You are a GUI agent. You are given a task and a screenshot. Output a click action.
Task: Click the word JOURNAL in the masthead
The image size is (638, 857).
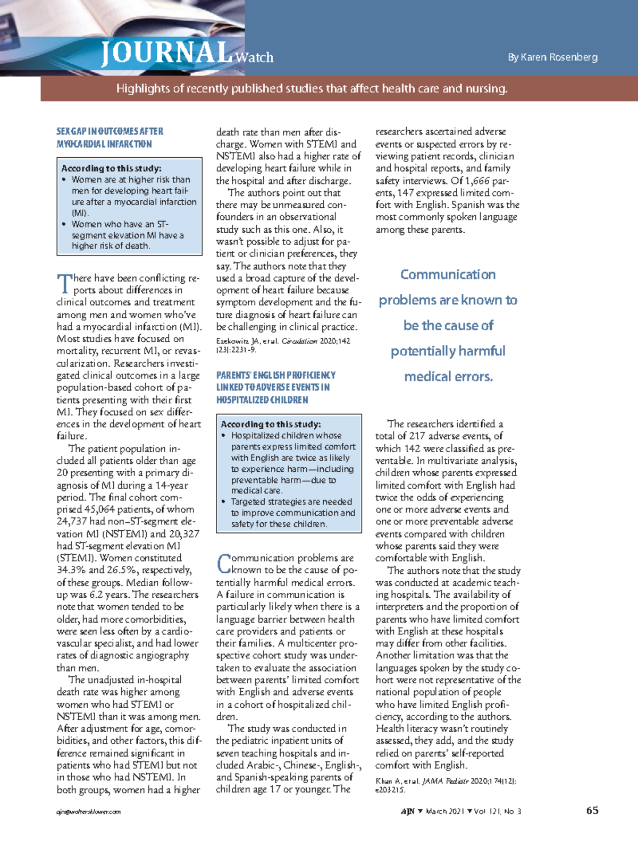point(166,53)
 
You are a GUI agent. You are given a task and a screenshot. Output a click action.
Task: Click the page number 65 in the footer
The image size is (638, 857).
point(592,810)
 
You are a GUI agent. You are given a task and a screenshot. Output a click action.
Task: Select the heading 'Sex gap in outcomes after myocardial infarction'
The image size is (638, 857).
point(110,138)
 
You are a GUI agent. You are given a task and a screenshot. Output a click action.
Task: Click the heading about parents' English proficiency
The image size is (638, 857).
point(275,387)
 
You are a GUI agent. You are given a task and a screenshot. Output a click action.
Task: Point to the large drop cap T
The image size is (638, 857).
point(64,284)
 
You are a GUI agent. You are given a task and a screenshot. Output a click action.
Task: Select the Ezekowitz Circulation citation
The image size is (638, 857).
point(283,345)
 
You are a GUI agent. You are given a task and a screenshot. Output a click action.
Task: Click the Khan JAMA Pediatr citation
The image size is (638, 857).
point(446,785)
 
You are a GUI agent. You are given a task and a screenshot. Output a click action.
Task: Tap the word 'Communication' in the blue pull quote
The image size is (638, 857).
point(448,275)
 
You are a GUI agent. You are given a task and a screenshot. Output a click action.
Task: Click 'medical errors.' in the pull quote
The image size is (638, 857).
point(448,377)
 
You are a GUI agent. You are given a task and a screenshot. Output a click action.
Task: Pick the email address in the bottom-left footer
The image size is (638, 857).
point(89,812)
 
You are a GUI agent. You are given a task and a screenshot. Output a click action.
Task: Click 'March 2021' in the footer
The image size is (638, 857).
point(445,811)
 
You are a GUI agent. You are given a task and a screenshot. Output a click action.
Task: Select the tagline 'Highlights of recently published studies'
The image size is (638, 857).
point(312,89)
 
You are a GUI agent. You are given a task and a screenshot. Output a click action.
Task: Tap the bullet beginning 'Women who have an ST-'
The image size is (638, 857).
point(128,235)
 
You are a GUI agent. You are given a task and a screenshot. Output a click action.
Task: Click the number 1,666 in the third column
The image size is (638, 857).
point(475,181)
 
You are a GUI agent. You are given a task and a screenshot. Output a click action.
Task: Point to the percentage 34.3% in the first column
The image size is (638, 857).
point(71,570)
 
